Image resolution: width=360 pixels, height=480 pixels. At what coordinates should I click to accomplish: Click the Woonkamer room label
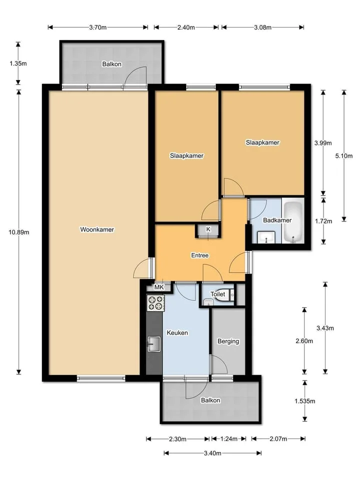97,229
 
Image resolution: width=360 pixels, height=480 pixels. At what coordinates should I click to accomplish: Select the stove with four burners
156,303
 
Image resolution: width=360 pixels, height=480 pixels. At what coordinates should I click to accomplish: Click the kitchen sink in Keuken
154,344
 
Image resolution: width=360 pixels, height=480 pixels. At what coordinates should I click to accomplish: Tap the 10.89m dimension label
19,232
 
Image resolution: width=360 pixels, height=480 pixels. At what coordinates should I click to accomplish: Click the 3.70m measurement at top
98,27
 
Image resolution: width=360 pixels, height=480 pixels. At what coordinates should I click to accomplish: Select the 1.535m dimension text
305,400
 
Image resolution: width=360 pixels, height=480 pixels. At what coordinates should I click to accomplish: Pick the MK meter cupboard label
159,287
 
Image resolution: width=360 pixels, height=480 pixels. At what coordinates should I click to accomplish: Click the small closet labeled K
208,230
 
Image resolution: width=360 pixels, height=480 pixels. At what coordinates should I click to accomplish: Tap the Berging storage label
228,341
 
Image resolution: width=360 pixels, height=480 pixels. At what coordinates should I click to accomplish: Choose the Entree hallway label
200,255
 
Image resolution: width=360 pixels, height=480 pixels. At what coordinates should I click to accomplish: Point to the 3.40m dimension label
213,453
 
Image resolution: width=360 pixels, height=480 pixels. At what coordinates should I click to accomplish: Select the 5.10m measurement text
344,155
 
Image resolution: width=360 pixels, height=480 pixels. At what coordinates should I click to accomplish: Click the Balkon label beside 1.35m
111,64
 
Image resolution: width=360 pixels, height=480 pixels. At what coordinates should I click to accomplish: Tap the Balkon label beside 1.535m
210,400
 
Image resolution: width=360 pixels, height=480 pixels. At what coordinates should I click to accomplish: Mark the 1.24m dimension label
229,438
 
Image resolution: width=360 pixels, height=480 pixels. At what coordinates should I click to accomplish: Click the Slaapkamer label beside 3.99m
262,142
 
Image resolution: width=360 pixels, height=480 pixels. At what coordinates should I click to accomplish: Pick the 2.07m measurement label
278,438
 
